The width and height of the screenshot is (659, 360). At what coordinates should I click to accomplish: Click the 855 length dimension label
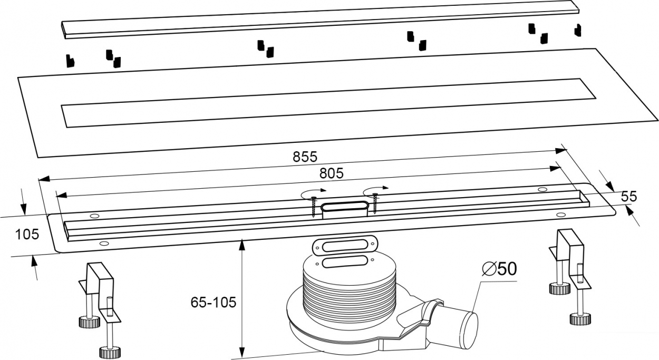305,157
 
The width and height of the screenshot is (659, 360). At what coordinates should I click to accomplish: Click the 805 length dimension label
332,173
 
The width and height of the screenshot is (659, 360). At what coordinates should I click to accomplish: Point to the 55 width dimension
629,197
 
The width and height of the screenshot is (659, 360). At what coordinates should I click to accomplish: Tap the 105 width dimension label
27,235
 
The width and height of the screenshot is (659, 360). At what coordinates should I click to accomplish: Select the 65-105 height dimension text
214,303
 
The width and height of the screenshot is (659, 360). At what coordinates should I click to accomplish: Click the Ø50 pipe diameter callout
499,268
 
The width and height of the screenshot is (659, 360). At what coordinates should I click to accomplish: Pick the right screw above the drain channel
375,203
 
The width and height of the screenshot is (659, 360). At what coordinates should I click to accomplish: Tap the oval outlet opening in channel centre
344,206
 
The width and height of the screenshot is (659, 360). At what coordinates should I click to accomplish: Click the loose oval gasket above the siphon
344,245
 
